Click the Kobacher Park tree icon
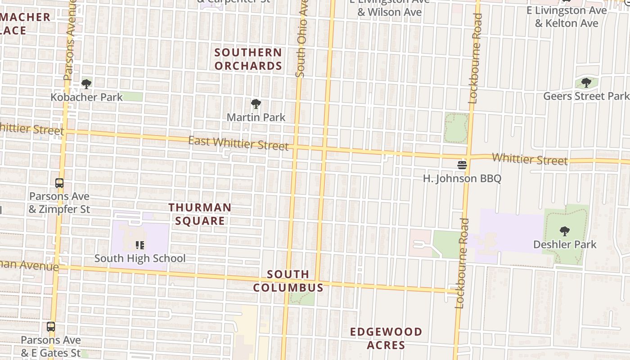tap(86, 84)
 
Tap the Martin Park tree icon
tap(256, 104)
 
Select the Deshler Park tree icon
tap(564, 232)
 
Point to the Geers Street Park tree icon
tap(586, 83)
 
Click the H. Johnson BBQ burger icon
tap(462, 165)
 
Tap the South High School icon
tap(139, 245)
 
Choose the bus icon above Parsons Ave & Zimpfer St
tap(59, 183)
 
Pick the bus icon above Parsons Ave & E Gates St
tap(51, 327)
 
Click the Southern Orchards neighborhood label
tap(248, 59)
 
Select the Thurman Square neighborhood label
tap(200, 214)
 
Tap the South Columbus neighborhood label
tap(288, 281)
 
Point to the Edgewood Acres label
tap(386, 338)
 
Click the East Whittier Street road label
tap(238, 143)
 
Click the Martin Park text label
tap(256, 117)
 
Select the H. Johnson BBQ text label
tap(462, 179)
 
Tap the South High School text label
tap(139, 258)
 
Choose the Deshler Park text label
tap(564, 245)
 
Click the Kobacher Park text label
tap(86, 97)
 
